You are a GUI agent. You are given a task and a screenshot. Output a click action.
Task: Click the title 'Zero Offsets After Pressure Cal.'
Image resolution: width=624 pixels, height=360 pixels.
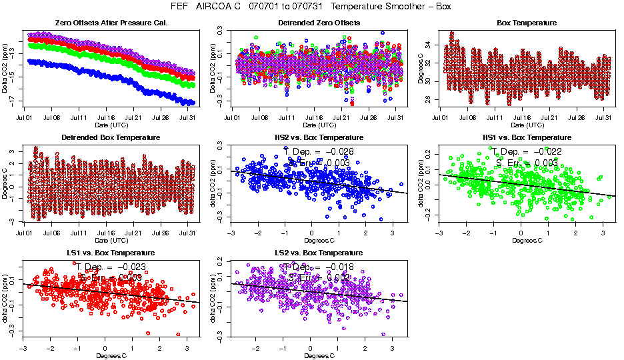coord(111,23)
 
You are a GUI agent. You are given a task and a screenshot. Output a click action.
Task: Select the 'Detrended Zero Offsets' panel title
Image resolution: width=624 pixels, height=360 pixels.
coord(319,23)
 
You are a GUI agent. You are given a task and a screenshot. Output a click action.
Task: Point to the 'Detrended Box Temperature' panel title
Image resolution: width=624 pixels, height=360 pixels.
coord(111,137)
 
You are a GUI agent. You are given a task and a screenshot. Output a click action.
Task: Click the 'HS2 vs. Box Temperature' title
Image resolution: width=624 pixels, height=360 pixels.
coord(319,137)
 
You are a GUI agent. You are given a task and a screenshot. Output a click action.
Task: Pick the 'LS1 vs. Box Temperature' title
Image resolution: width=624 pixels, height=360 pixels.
coord(111,253)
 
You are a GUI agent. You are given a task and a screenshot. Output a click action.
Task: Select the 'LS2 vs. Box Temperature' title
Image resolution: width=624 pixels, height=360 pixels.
coord(319,253)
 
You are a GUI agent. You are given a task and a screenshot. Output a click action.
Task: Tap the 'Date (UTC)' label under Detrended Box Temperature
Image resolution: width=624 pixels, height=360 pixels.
coord(111,240)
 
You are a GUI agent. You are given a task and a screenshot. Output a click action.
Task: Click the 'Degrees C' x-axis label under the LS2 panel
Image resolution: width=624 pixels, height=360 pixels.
coord(319,355)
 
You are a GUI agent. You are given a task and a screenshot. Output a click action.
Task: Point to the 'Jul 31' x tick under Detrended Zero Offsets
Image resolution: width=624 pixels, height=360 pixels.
coord(396,118)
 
